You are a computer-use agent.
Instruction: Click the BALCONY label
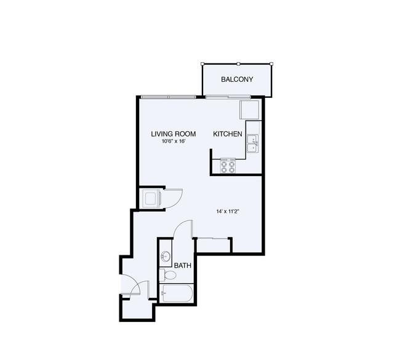[x=237, y=79]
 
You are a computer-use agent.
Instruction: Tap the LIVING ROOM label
[x=174, y=134]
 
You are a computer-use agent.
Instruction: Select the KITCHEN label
[x=228, y=134]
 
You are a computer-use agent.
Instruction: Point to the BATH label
[x=183, y=266]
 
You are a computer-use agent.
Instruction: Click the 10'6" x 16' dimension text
[x=173, y=142]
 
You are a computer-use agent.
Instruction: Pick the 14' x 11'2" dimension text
[x=228, y=212]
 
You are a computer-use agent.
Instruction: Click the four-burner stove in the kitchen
[x=228, y=166]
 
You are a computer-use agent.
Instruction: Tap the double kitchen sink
[x=253, y=143]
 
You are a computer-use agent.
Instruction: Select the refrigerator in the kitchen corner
[x=249, y=110]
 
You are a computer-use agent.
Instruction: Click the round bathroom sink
[x=166, y=256]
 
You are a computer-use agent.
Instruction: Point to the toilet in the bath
[x=167, y=275]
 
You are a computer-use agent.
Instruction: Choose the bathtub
[x=175, y=294]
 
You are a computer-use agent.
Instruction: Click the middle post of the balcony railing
[x=238, y=64]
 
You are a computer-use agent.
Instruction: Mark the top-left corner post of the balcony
[x=202, y=64]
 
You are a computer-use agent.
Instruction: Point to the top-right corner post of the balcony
[x=271, y=64]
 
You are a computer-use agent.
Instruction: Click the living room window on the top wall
[x=169, y=97]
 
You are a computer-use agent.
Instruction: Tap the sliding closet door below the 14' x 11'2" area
[x=213, y=238]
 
